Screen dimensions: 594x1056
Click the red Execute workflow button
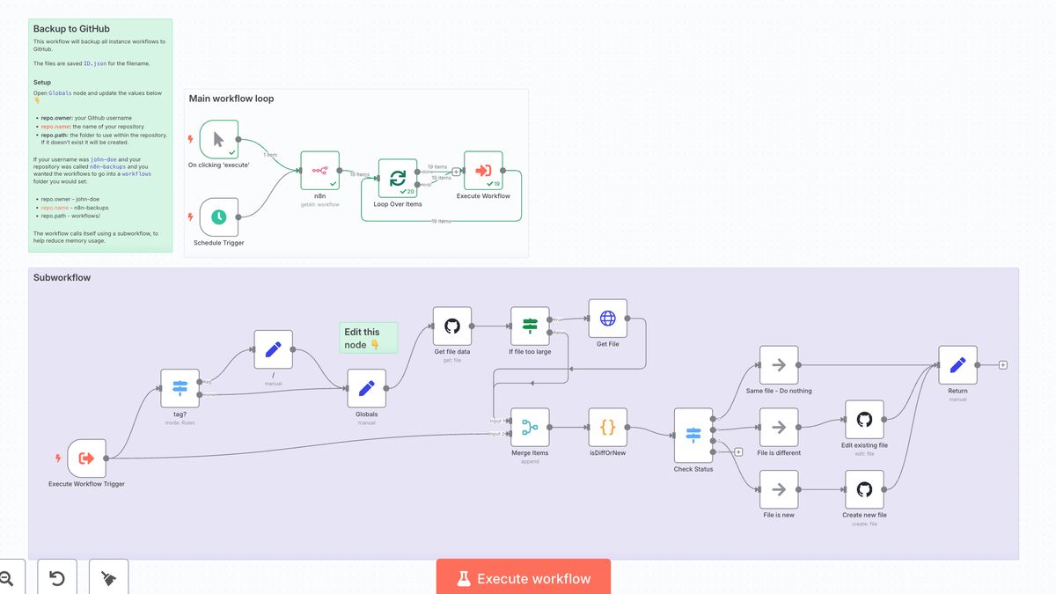[523, 577]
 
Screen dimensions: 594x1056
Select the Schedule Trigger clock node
[218, 216]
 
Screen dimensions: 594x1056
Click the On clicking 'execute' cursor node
[218, 139]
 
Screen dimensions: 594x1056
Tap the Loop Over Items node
[398, 178]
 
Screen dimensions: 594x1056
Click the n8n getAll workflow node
[319, 170]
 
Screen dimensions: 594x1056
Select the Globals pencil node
[367, 388]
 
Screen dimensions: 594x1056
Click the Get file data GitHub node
[452, 326]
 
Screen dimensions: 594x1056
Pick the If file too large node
[530, 326]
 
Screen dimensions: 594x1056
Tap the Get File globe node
[608, 319]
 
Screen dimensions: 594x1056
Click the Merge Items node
[530, 427]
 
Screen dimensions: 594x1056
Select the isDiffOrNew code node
[607, 427]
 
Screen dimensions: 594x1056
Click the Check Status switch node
[693, 435]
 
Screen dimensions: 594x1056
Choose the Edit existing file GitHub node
[864, 420]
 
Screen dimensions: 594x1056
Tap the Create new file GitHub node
[864, 489]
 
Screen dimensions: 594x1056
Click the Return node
[957, 365]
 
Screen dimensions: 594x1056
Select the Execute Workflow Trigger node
[86, 458]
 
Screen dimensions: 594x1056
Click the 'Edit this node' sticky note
[369, 338]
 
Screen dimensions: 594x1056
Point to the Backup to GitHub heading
[71, 29]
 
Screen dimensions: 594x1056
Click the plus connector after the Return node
[1002, 365]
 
